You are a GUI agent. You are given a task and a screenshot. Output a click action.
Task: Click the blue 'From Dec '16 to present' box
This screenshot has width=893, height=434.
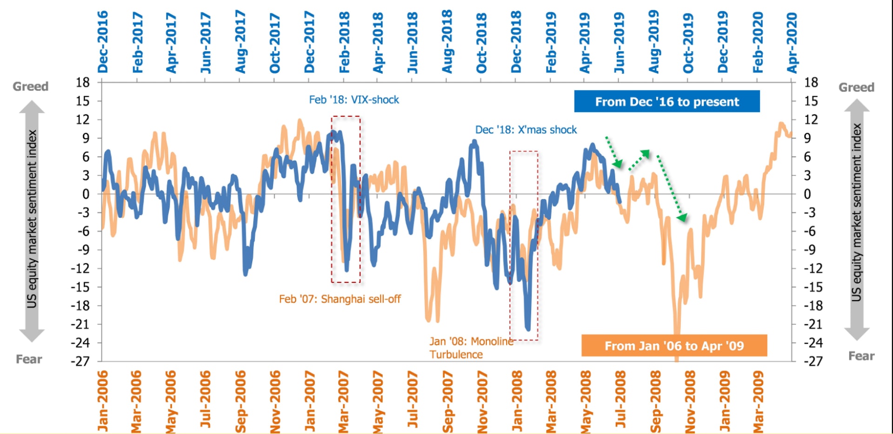tap(666, 101)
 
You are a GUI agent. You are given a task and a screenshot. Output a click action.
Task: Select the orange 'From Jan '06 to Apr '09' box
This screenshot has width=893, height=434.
tap(674, 346)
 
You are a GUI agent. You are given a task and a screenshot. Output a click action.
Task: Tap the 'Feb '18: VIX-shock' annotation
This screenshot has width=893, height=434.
tap(354, 99)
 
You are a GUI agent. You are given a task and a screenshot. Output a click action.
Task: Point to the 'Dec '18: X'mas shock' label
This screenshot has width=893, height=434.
tap(526, 130)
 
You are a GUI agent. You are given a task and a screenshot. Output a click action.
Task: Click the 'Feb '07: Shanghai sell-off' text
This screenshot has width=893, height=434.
tap(340, 299)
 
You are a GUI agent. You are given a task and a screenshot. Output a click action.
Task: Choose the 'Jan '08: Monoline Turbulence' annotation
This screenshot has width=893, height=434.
tap(471, 348)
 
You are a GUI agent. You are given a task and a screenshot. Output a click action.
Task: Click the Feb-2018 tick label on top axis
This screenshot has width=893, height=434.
tap(344, 42)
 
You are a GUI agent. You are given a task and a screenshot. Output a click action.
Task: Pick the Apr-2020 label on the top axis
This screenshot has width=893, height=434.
tap(792, 42)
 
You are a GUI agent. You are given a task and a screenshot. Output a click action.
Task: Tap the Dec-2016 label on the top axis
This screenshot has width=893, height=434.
tap(103, 42)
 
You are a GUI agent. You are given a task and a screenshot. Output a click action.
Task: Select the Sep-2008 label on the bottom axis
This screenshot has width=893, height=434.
tap(655, 401)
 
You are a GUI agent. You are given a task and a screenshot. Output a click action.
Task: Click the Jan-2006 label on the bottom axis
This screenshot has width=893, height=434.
tap(103, 401)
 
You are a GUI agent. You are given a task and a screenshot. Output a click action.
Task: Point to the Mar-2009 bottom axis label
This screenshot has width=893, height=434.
tap(758, 401)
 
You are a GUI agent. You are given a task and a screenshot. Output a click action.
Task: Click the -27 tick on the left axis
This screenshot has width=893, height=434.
tap(80, 361)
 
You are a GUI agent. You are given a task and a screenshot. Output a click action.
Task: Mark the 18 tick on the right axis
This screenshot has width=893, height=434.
tap(811, 83)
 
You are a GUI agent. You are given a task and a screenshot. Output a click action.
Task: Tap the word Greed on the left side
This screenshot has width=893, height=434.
tap(30, 86)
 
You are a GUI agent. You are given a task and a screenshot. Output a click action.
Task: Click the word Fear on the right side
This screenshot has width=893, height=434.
tap(861, 356)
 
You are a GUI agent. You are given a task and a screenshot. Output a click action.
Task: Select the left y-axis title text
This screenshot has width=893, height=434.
tap(32, 218)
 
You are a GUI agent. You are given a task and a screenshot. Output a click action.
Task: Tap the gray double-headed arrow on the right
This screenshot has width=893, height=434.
tap(856, 219)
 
